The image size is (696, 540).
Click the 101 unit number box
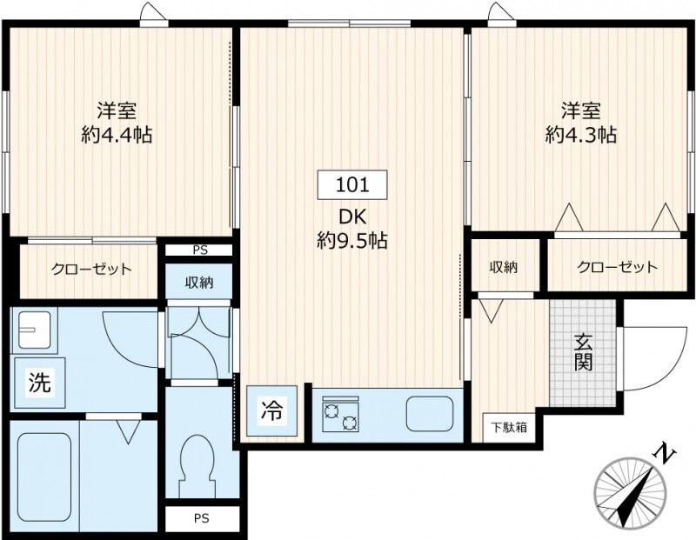[x=352, y=184]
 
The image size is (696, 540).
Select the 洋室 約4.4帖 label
[x=117, y=123]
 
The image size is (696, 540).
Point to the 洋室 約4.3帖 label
[x=581, y=123]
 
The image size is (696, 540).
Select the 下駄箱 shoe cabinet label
[x=507, y=427]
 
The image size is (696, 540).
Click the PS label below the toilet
[x=201, y=519]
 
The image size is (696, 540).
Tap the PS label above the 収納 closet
[x=200, y=250]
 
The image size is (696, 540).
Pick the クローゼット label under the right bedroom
[x=618, y=267]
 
